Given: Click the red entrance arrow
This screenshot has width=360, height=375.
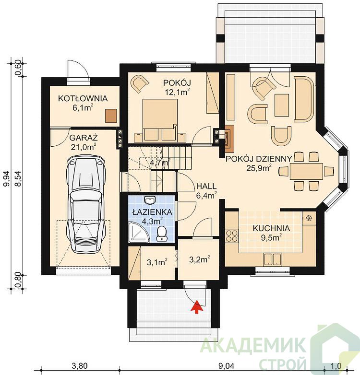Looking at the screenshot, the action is click(x=197, y=306).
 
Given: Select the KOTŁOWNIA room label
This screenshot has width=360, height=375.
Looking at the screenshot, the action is click(x=83, y=98).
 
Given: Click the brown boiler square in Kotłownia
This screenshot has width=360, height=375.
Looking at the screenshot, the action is click(x=111, y=116).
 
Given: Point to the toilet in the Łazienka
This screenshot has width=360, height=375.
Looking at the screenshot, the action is click(x=162, y=234).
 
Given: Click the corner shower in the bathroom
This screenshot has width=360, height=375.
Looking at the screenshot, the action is click(x=139, y=233).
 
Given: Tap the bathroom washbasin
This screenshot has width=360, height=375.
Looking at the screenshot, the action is click(x=150, y=200).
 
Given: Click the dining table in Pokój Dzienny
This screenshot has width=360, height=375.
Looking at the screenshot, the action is click(x=306, y=171).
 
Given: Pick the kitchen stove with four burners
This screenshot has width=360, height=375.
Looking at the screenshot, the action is click(x=232, y=235).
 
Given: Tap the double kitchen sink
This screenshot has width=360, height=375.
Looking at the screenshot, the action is click(x=272, y=259).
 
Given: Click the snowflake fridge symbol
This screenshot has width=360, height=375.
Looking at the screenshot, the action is click(x=309, y=218).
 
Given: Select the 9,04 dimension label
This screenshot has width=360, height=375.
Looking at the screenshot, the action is click(x=227, y=365).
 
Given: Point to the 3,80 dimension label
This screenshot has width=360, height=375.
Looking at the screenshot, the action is click(x=80, y=365).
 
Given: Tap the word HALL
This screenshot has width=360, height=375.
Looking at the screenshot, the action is click(x=206, y=186).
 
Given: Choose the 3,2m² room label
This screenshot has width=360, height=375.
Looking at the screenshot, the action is click(x=200, y=259).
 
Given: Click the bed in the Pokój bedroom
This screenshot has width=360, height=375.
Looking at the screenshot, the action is click(x=160, y=120).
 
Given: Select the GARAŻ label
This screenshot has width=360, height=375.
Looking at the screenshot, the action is click(x=84, y=138).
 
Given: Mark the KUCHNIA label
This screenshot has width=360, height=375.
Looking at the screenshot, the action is click(x=271, y=228).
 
